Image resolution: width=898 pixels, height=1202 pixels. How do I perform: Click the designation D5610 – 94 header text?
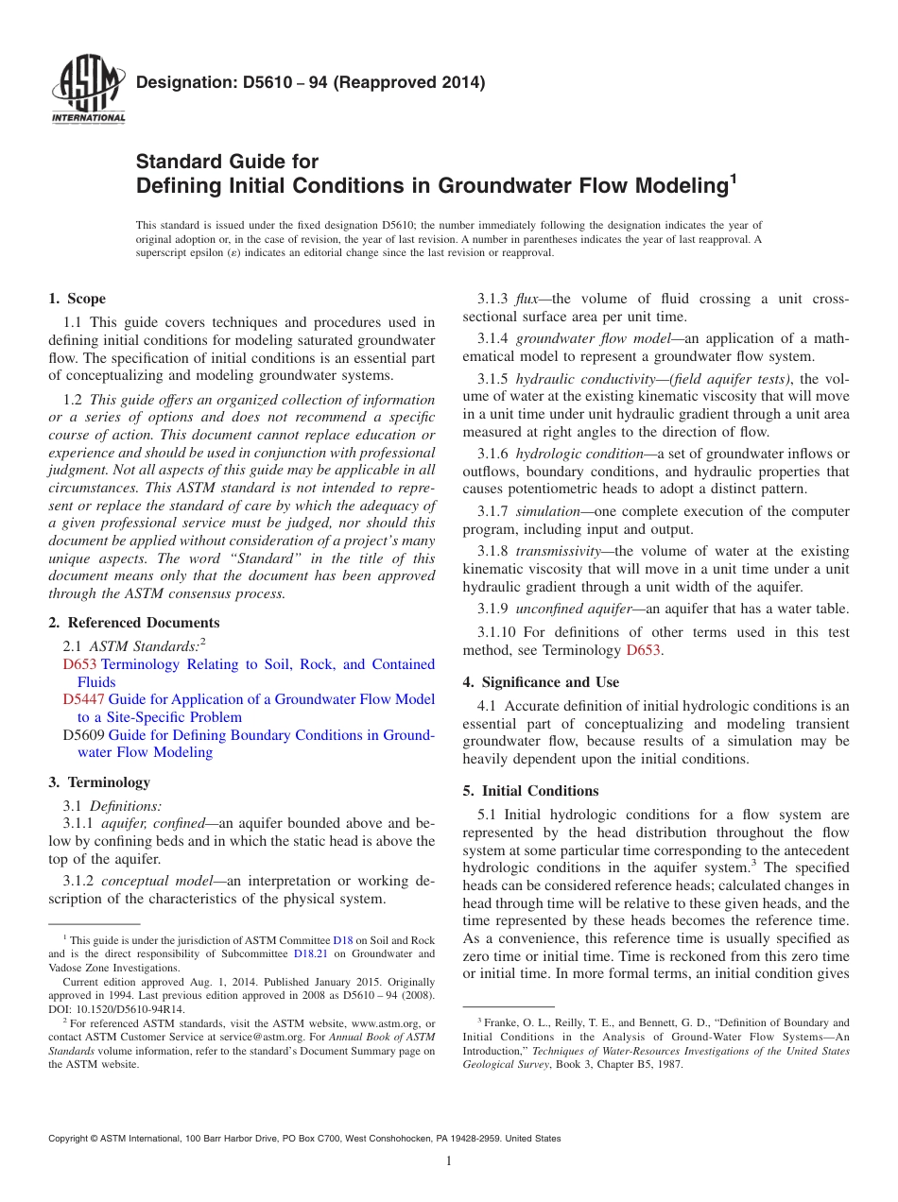(311, 83)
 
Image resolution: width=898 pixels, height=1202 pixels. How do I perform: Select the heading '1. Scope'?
(77, 299)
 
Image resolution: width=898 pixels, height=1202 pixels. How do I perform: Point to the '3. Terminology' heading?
(99, 782)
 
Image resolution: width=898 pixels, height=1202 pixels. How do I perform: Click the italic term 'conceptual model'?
(143, 881)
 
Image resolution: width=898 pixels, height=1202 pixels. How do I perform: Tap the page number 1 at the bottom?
(449, 1161)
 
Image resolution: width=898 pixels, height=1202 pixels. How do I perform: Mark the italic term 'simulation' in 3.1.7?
(547, 510)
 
